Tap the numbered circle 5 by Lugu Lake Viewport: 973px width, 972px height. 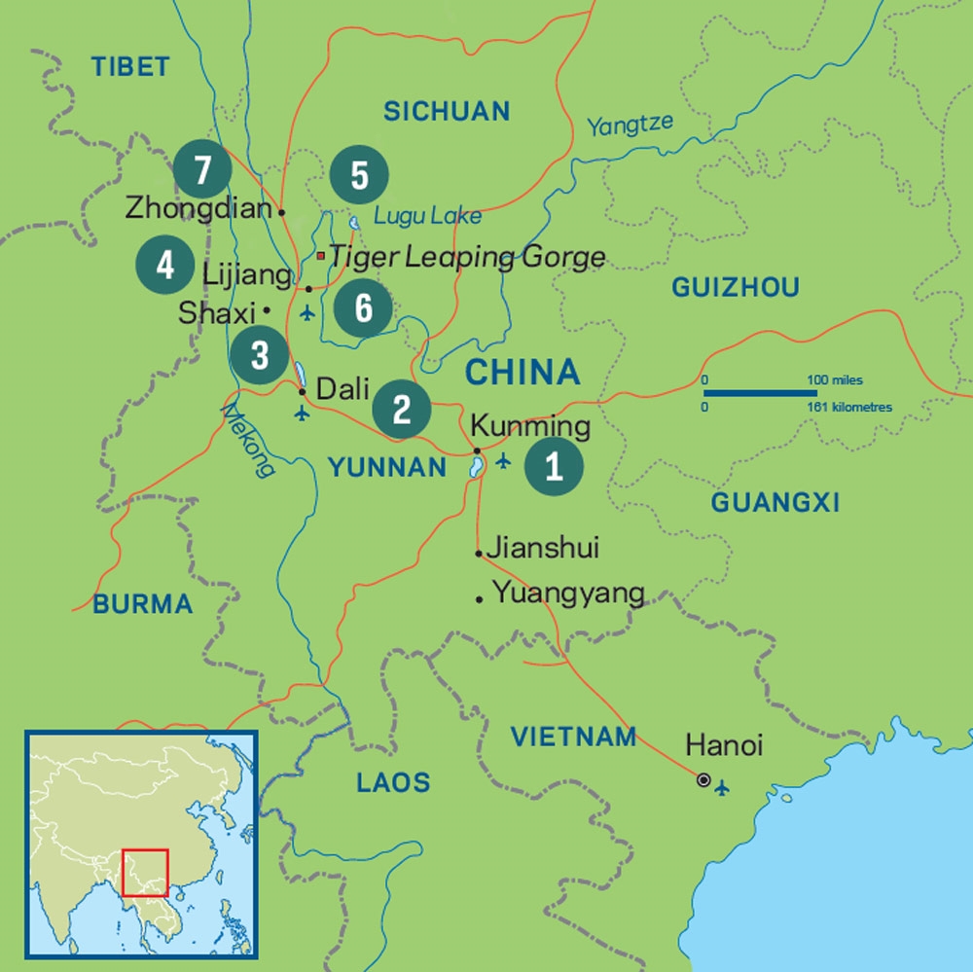359,176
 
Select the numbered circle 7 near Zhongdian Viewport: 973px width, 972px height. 202,170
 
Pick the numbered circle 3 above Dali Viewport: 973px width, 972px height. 259,355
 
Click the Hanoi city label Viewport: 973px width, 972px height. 724,746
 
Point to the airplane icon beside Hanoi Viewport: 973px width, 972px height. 721,787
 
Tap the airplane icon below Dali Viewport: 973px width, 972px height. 301,414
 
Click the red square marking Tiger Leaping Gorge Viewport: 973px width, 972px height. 320,256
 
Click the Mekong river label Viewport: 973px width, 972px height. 247,441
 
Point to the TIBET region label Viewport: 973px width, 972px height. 130,66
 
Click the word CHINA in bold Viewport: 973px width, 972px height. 522,372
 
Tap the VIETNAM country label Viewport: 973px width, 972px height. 573,737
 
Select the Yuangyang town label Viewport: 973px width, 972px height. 568,593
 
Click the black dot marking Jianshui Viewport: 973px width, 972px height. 479,554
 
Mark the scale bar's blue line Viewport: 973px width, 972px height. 760,393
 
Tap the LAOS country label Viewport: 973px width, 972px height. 392,781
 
